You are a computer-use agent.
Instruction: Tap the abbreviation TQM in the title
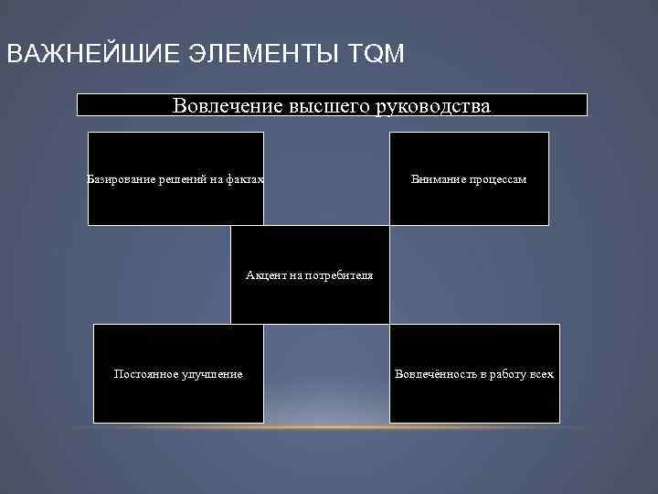point(376,54)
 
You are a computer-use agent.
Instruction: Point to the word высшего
point(325,106)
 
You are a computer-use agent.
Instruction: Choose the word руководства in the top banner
point(433,106)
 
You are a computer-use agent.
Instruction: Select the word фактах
point(245,179)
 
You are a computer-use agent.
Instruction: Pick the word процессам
point(498,179)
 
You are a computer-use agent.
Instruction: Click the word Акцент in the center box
point(264,275)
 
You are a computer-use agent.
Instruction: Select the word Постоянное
point(143,374)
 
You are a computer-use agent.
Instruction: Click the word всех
point(542,374)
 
